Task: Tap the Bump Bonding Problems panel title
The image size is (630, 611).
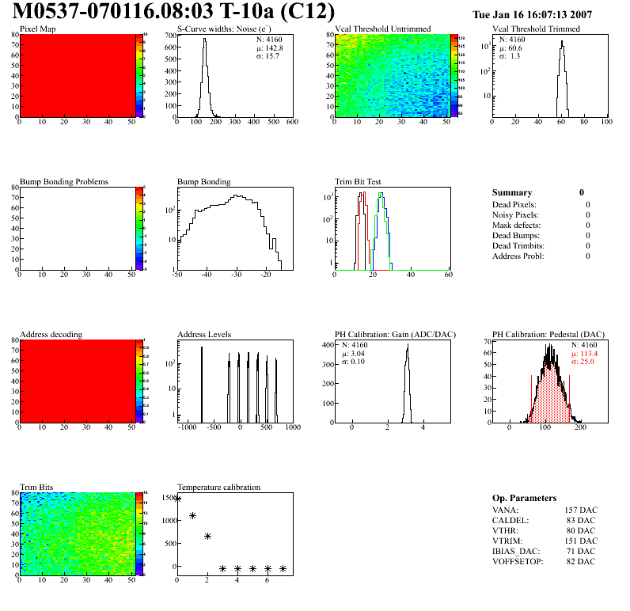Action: point(63,182)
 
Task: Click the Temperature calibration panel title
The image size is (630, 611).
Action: point(218,487)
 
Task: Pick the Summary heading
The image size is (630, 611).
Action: point(512,192)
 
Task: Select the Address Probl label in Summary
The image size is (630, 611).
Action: point(518,256)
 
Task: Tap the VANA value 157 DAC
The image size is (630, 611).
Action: point(581,510)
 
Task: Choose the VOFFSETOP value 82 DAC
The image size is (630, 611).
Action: point(581,561)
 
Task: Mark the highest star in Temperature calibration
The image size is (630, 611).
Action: point(177,499)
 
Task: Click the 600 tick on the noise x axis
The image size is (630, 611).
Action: point(291,122)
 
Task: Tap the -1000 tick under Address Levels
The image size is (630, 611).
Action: point(188,427)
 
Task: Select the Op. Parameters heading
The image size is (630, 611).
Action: point(524,498)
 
